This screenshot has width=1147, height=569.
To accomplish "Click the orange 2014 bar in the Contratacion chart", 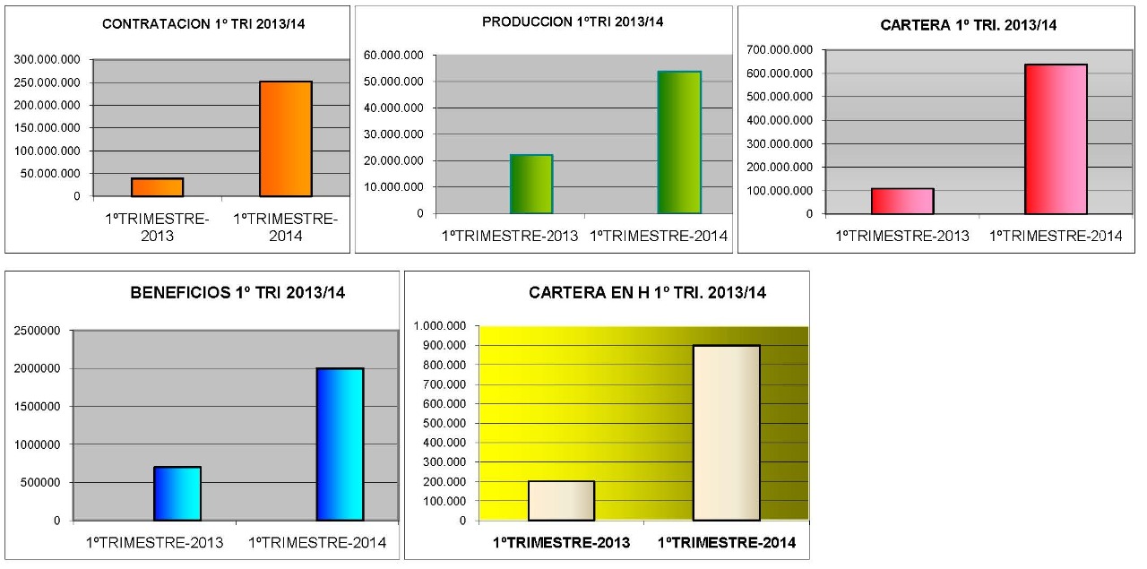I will [x=286, y=139].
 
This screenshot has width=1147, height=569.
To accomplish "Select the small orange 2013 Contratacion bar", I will [x=157, y=187].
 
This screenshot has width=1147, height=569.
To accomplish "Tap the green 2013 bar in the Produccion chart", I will [x=531, y=185].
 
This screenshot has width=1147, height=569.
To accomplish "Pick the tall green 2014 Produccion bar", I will [x=679, y=142].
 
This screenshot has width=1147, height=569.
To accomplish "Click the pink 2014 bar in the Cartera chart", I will [x=1056, y=140].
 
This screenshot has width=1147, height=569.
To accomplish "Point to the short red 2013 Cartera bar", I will [x=902, y=202].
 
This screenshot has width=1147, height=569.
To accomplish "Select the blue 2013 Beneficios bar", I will [x=177, y=494].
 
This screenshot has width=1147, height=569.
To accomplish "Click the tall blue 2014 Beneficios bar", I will [x=340, y=444].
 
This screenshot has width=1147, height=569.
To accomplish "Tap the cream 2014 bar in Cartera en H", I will [x=726, y=433].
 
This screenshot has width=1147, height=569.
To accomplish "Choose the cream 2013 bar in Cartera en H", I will [x=561, y=501].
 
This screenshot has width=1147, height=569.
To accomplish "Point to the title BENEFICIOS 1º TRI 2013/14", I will [x=238, y=292].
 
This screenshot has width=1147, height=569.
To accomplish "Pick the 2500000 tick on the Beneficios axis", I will [x=38, y=331].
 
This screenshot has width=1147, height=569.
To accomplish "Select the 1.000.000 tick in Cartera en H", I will [x=441, y=326].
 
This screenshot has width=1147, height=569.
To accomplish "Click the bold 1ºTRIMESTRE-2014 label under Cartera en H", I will [x=727, y=543].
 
